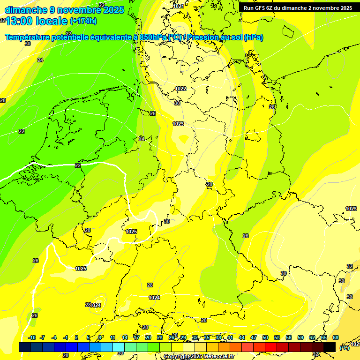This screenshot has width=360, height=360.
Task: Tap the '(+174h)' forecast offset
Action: click(x=83, y=21)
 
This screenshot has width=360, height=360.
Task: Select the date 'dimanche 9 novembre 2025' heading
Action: click(x=64, y=10)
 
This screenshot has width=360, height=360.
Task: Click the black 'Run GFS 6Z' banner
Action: click(x=298, y=7)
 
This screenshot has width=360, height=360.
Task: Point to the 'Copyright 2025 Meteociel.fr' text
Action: click(x=199, y=357)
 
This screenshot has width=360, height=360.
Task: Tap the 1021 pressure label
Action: click(x=179, y=6)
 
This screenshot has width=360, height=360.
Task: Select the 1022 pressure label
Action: click(x=180, y=89)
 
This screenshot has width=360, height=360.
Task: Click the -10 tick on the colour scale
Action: click(x=32, y=337)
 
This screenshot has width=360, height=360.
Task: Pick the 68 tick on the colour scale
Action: click(x=336, y=337)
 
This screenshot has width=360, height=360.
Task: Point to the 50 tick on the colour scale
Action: click(x=265, y=337)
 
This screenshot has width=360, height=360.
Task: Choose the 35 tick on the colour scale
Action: click(x=207, y=337)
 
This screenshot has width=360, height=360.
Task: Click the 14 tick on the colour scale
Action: click(x=125, y=337)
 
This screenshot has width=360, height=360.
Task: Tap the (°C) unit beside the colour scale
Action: click(x=345, y=348)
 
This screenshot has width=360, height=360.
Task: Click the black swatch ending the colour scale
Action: click(x=330, y=347)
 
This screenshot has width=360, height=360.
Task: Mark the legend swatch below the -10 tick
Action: click(x=25, y=347)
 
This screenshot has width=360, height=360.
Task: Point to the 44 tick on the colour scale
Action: click(x=242, y=337)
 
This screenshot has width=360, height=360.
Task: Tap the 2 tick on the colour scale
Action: click(x=76, y=337)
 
